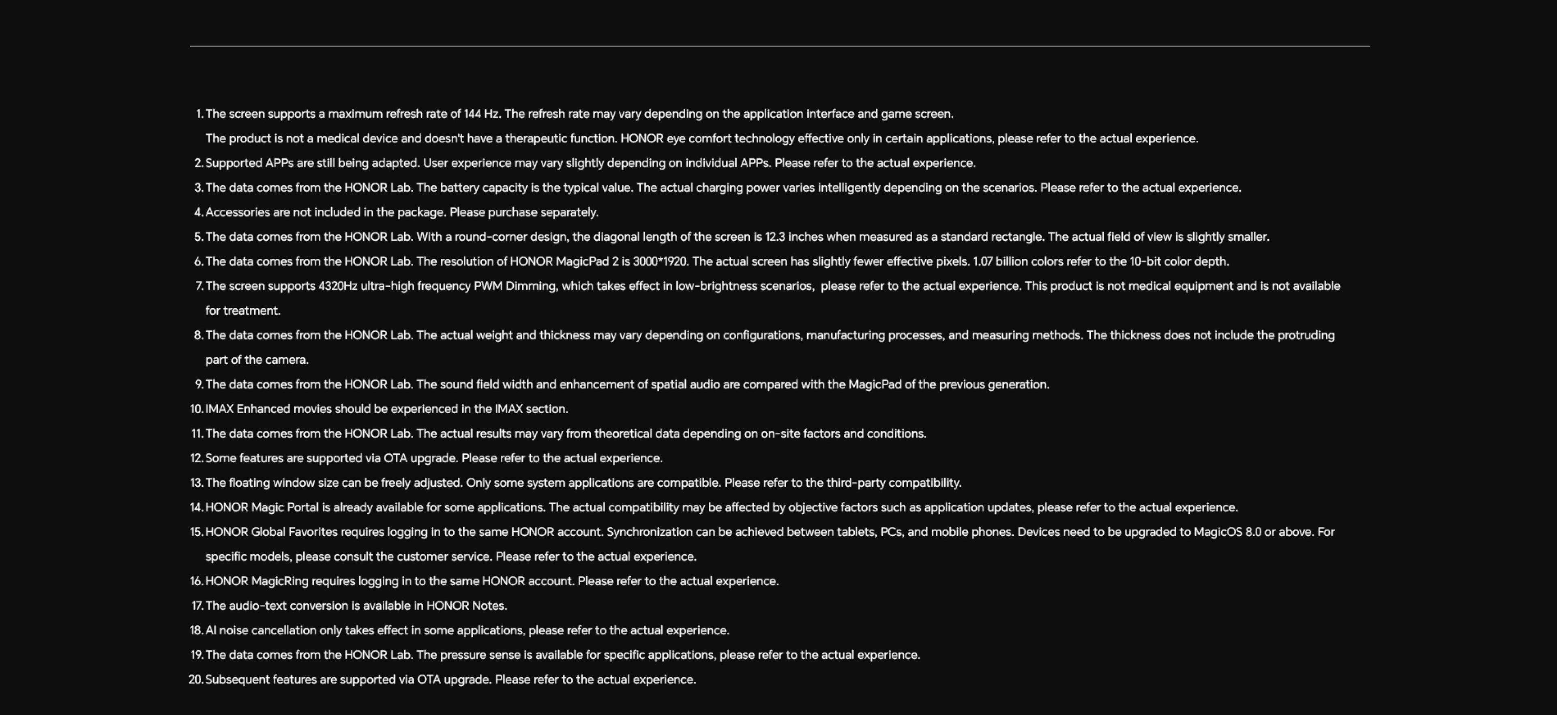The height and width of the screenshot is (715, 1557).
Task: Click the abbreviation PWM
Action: click(x=488, y=286)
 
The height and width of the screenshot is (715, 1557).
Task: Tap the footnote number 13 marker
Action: click(x=196, y=483)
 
